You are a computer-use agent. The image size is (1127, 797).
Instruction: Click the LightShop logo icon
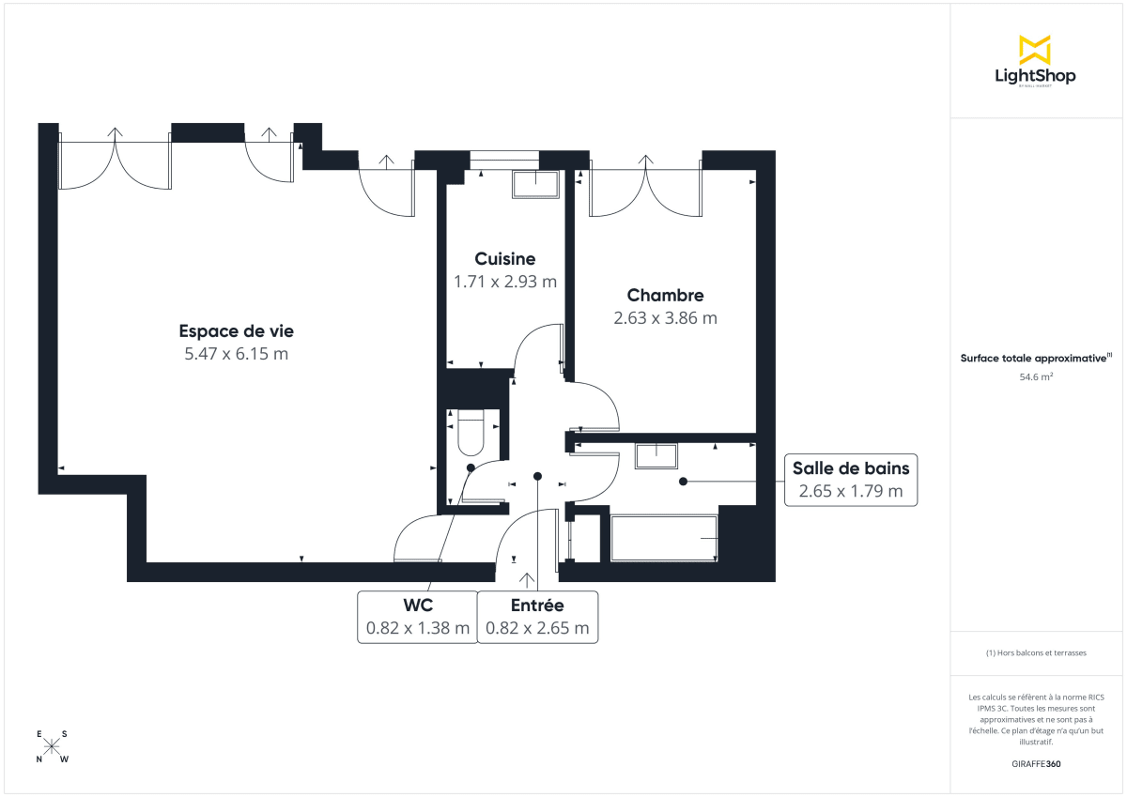pos(1034,50)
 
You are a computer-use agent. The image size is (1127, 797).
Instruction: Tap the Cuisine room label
pos(505,259)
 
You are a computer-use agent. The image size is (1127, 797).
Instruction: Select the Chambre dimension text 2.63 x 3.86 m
pos(665,318)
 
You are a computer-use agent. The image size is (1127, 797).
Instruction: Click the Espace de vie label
pos(237,331)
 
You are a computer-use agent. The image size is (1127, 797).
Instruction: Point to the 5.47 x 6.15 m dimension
pos(237,354)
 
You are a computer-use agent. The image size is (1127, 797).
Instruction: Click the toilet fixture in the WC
pos(470,433)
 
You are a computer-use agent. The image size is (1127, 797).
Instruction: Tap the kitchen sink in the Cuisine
pos(535,184)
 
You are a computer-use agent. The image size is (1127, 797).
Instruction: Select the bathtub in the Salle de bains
pos(664,538)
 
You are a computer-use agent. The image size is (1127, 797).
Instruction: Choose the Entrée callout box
pos(537,618)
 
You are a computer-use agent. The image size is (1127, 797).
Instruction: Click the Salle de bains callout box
pos(850,480)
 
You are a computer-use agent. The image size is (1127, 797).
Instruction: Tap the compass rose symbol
pos(53,746)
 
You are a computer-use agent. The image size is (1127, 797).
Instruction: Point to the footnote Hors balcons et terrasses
pos(1036,652)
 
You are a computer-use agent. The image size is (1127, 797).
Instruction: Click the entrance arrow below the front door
pos(525,580)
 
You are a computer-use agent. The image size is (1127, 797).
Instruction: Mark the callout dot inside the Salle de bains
pos(683,482)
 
